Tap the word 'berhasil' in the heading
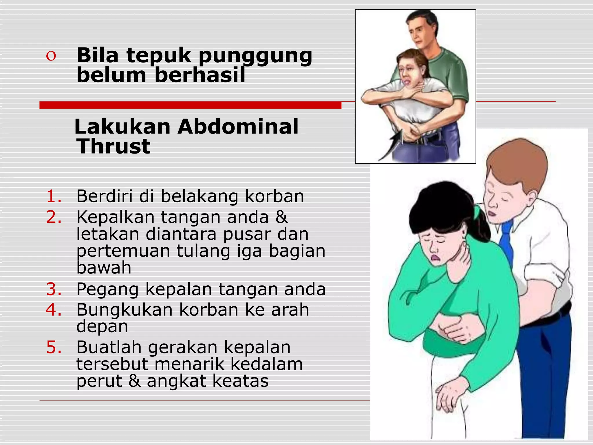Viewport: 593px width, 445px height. pos(200,75)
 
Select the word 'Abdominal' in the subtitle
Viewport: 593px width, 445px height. pos(238,127)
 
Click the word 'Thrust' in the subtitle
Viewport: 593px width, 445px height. pos(113,146)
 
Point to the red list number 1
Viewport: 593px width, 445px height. pos(54,196)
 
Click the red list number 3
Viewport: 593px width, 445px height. pos(54,289)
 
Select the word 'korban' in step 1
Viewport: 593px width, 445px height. pos(274,196)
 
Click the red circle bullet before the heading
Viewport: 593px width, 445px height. pos(51,56)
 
